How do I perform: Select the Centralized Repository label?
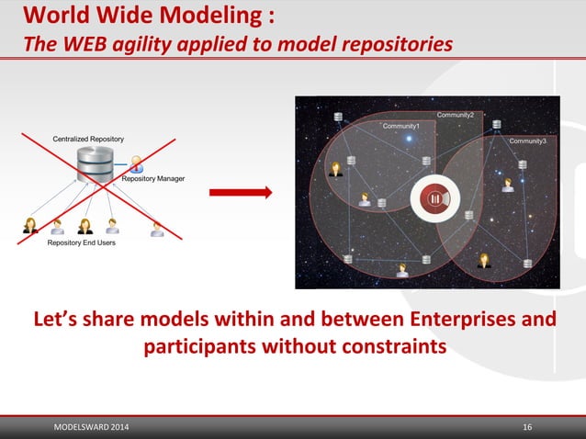88,139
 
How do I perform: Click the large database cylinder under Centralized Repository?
95,168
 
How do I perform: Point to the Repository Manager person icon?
137,165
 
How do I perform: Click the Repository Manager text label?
153,178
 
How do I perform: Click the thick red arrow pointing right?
241,192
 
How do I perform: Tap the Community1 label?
400,126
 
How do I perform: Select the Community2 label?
455,115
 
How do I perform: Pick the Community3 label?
527,141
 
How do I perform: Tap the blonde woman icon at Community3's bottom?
484,260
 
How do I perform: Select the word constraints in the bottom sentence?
394,348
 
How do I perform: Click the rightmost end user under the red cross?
157,229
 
